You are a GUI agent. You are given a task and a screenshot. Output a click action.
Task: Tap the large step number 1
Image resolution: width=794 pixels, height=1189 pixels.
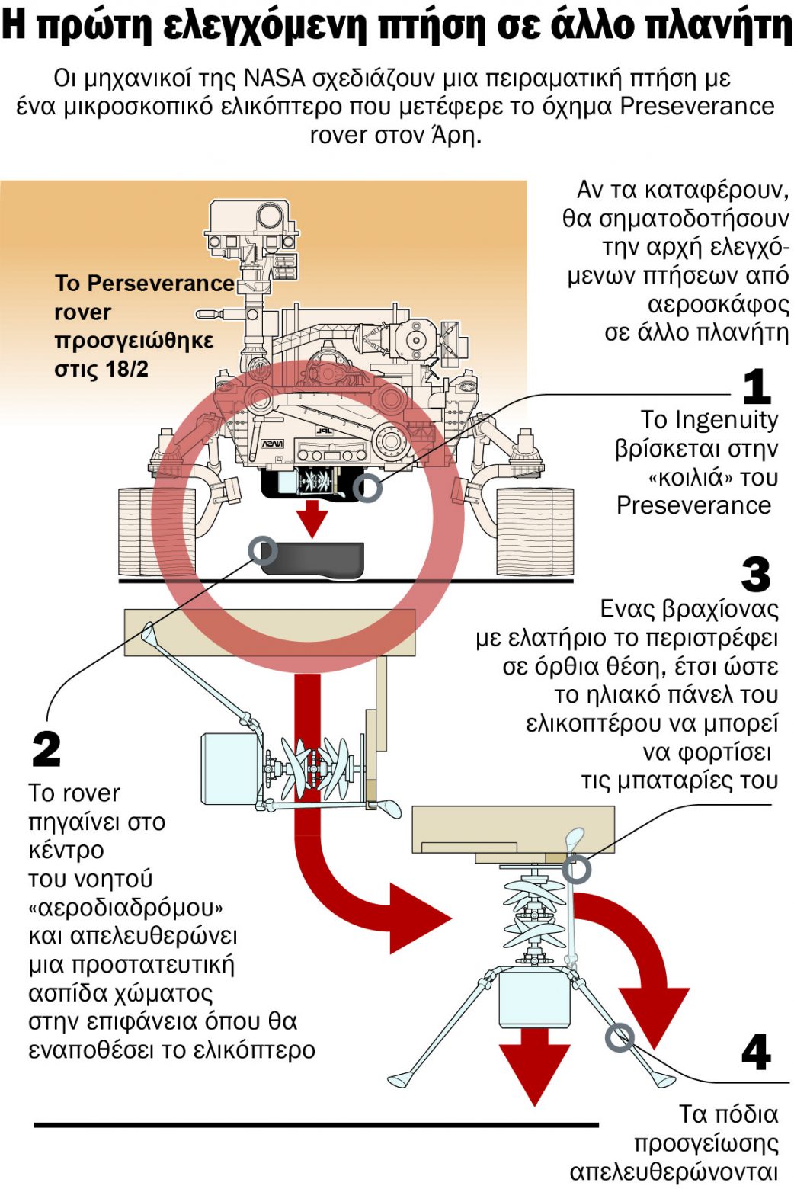(756, 386)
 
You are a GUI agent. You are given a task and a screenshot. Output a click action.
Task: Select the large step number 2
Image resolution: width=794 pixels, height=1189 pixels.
(46, 749)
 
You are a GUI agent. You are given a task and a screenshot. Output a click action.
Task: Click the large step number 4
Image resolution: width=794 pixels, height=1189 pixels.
(756, 1053)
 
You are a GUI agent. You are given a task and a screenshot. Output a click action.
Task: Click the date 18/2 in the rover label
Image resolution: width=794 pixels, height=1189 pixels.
(126, 369)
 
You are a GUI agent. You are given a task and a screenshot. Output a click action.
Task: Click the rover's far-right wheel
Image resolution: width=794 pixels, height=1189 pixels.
(534, 531)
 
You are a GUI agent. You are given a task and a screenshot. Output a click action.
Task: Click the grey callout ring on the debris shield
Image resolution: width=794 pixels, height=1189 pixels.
(264, 550)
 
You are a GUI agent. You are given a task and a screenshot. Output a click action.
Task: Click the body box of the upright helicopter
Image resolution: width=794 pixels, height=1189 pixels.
(534, 998)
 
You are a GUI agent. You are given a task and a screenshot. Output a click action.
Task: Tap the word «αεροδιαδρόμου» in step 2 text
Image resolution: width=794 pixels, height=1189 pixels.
(126, 908)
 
